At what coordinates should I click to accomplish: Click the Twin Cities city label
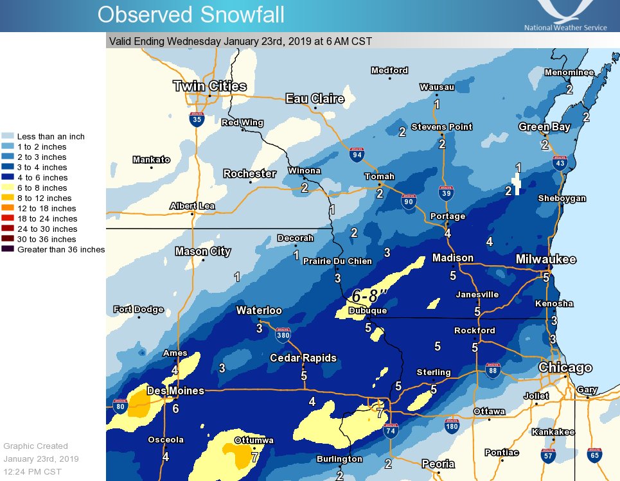(209, 86)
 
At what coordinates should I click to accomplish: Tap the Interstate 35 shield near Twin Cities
(197, 118)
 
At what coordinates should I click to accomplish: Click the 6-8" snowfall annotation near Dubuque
(370, 297)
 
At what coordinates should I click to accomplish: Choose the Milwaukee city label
(546, 259)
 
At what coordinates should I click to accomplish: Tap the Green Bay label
(544, 127)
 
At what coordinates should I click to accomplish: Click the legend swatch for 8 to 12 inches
(8, 198)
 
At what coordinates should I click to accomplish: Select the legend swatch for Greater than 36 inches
(8, 249)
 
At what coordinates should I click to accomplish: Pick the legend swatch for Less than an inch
(8, 137)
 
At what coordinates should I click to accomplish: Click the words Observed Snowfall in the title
(191, 14)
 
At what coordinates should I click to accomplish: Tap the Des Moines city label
(175, 390)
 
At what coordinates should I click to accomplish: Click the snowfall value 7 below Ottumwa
(254, 458)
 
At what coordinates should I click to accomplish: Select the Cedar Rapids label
(303, 358)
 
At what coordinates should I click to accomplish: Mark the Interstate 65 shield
(594, 456)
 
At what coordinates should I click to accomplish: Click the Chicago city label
(565, 368)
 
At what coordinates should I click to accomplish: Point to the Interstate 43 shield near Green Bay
(560, 163)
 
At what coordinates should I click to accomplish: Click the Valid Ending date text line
(240, 41)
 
